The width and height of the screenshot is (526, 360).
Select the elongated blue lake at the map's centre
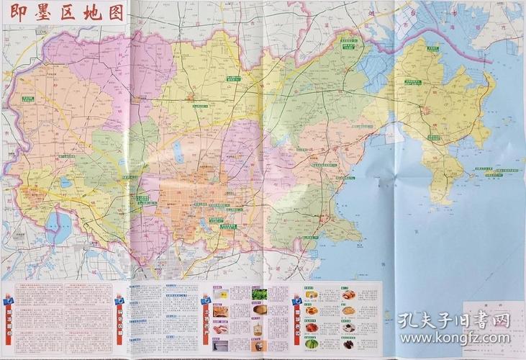point(176,152)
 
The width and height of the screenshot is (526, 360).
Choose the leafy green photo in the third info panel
point(257,294)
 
